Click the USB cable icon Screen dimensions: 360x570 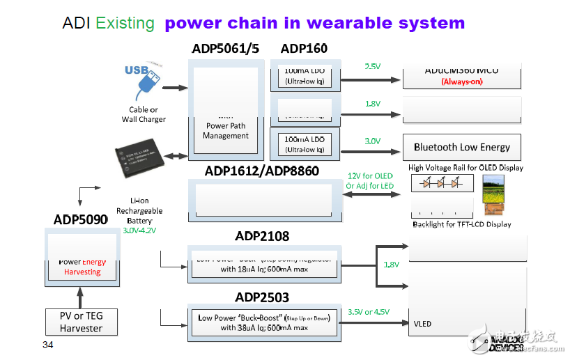coord(144,81)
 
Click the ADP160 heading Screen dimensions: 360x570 coord(304,49)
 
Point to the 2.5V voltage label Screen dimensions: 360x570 coord(373,67)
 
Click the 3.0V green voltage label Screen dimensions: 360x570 coord(373,141)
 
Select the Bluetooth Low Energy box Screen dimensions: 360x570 coord(461,147)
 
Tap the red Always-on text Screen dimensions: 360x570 coord(461,81)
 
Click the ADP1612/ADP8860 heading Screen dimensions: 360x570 coord(262,171)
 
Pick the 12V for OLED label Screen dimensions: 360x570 coord(369,175)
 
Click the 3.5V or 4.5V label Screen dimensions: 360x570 coord(370,312)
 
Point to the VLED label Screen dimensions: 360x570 coord(423,323)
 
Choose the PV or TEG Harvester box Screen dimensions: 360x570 coord(81,322)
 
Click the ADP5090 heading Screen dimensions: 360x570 coord(81,220)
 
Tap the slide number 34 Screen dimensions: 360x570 coord(47,345)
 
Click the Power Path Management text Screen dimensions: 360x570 coord(226,131)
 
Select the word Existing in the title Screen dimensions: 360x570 coord(125,23)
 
